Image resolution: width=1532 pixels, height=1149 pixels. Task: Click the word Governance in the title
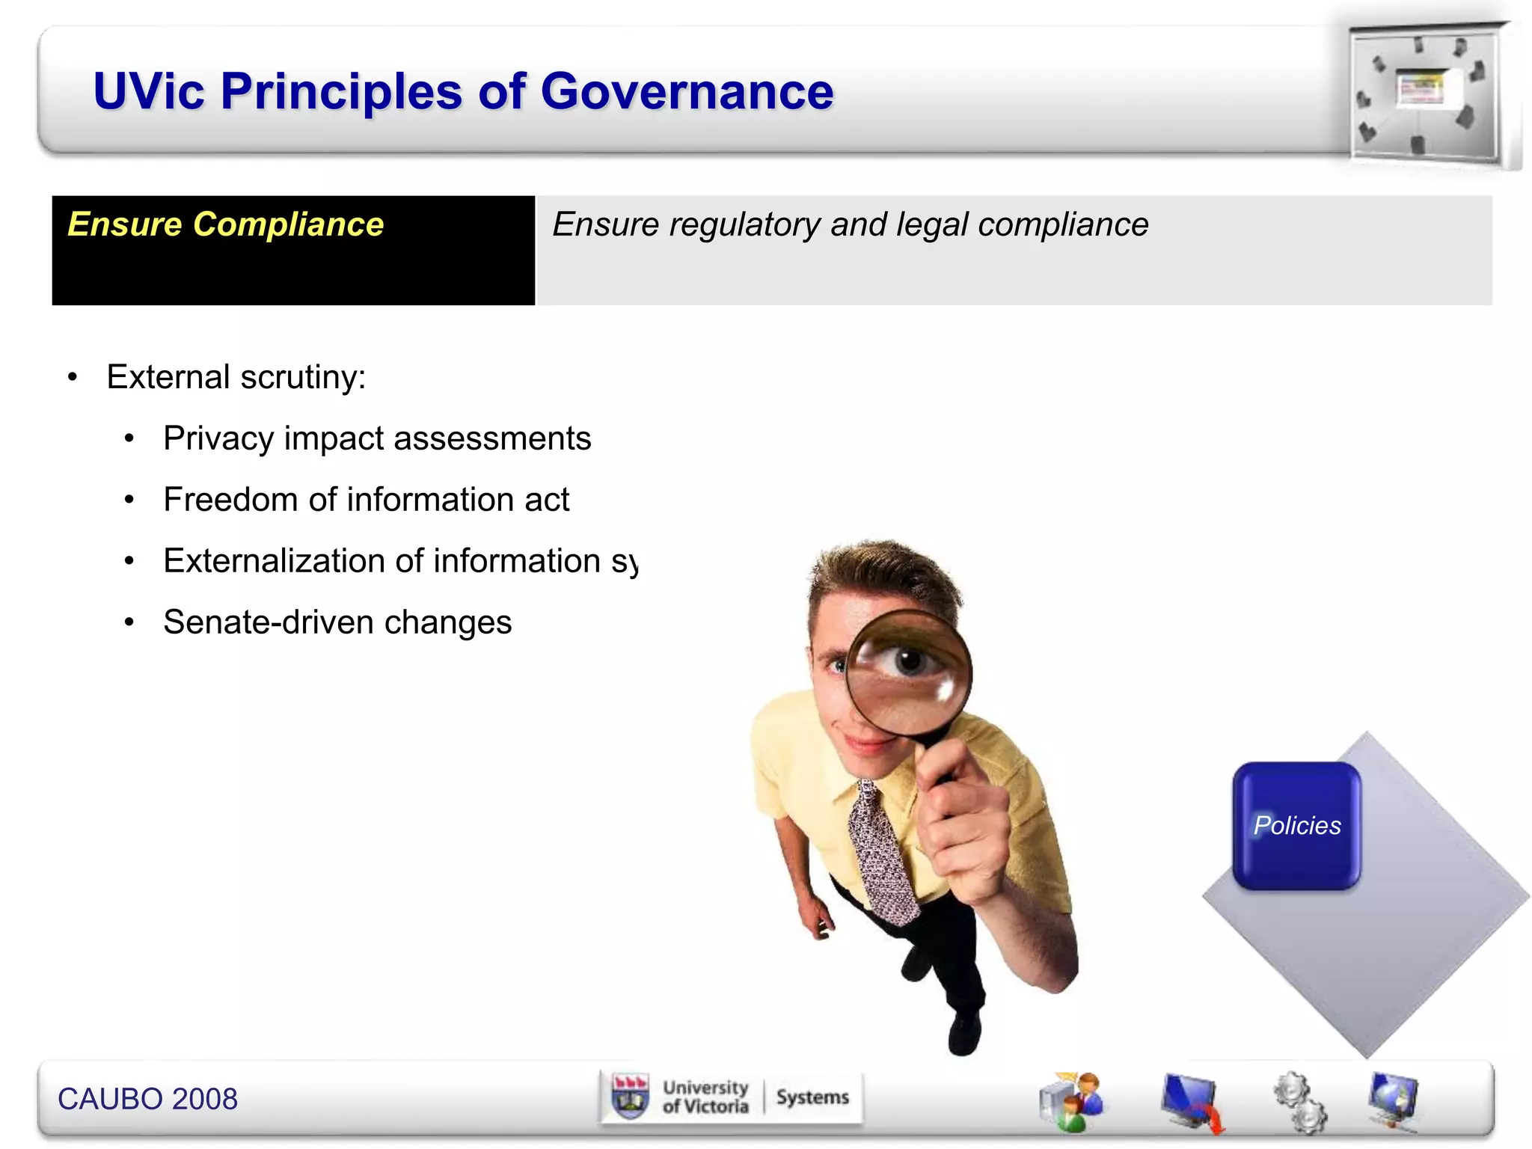687,92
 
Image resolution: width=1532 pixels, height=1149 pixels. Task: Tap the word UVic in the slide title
149,92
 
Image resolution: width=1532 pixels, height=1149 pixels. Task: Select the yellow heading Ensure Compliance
225,224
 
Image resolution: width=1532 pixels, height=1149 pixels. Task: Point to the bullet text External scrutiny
236,377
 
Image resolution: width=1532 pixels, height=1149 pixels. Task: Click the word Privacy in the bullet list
218,439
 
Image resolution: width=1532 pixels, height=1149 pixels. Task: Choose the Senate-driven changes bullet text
337,622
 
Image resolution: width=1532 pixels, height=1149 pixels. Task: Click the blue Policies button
1296,826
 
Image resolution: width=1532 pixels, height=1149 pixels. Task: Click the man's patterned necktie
881,853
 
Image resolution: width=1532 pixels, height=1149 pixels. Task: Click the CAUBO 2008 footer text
147,1099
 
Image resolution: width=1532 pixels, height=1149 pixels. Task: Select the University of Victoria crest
630,1097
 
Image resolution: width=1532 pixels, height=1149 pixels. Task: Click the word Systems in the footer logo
812,1097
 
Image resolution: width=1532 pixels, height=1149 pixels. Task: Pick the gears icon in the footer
1300,1101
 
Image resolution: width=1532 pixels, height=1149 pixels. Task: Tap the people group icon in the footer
1071,1101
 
